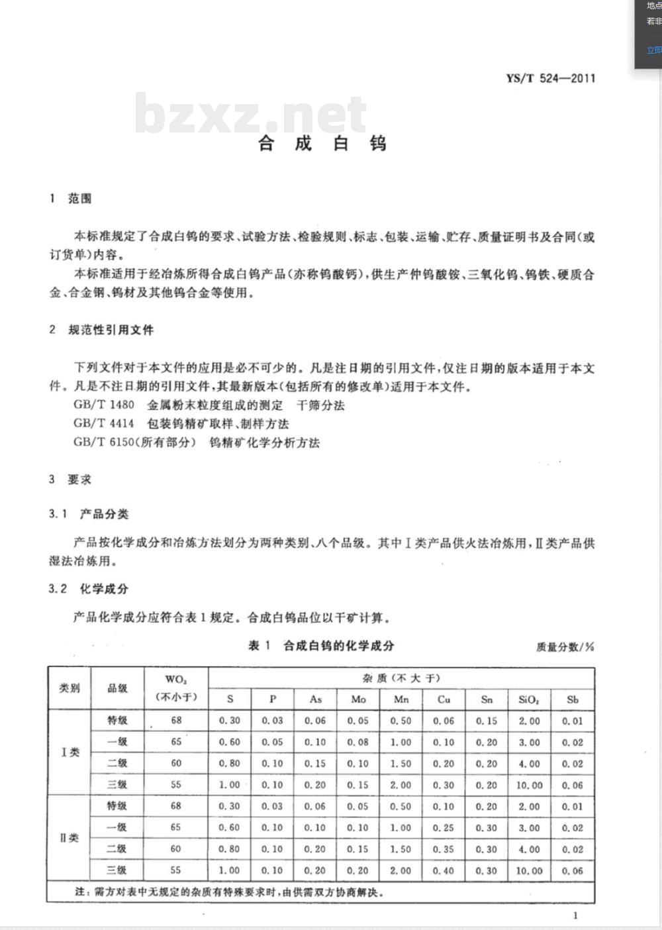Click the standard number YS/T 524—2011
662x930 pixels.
point(550,78)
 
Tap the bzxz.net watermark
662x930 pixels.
point(250,114)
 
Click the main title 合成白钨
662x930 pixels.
point(322,143)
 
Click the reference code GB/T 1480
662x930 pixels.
point(104,405)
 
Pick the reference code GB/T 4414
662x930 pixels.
point(104,424)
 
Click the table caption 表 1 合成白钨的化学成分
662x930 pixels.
point(321,646)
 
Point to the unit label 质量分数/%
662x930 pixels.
point(565,647)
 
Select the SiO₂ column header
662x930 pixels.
point(529,699)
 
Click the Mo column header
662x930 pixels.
point(358,699)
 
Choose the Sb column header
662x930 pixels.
point(573,699)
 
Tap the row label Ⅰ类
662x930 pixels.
point(70,752)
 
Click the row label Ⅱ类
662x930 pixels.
point(70,838)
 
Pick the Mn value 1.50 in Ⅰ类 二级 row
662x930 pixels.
point(401,764)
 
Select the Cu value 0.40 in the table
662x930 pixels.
point(444,870)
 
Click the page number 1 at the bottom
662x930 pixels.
point(575,915)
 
